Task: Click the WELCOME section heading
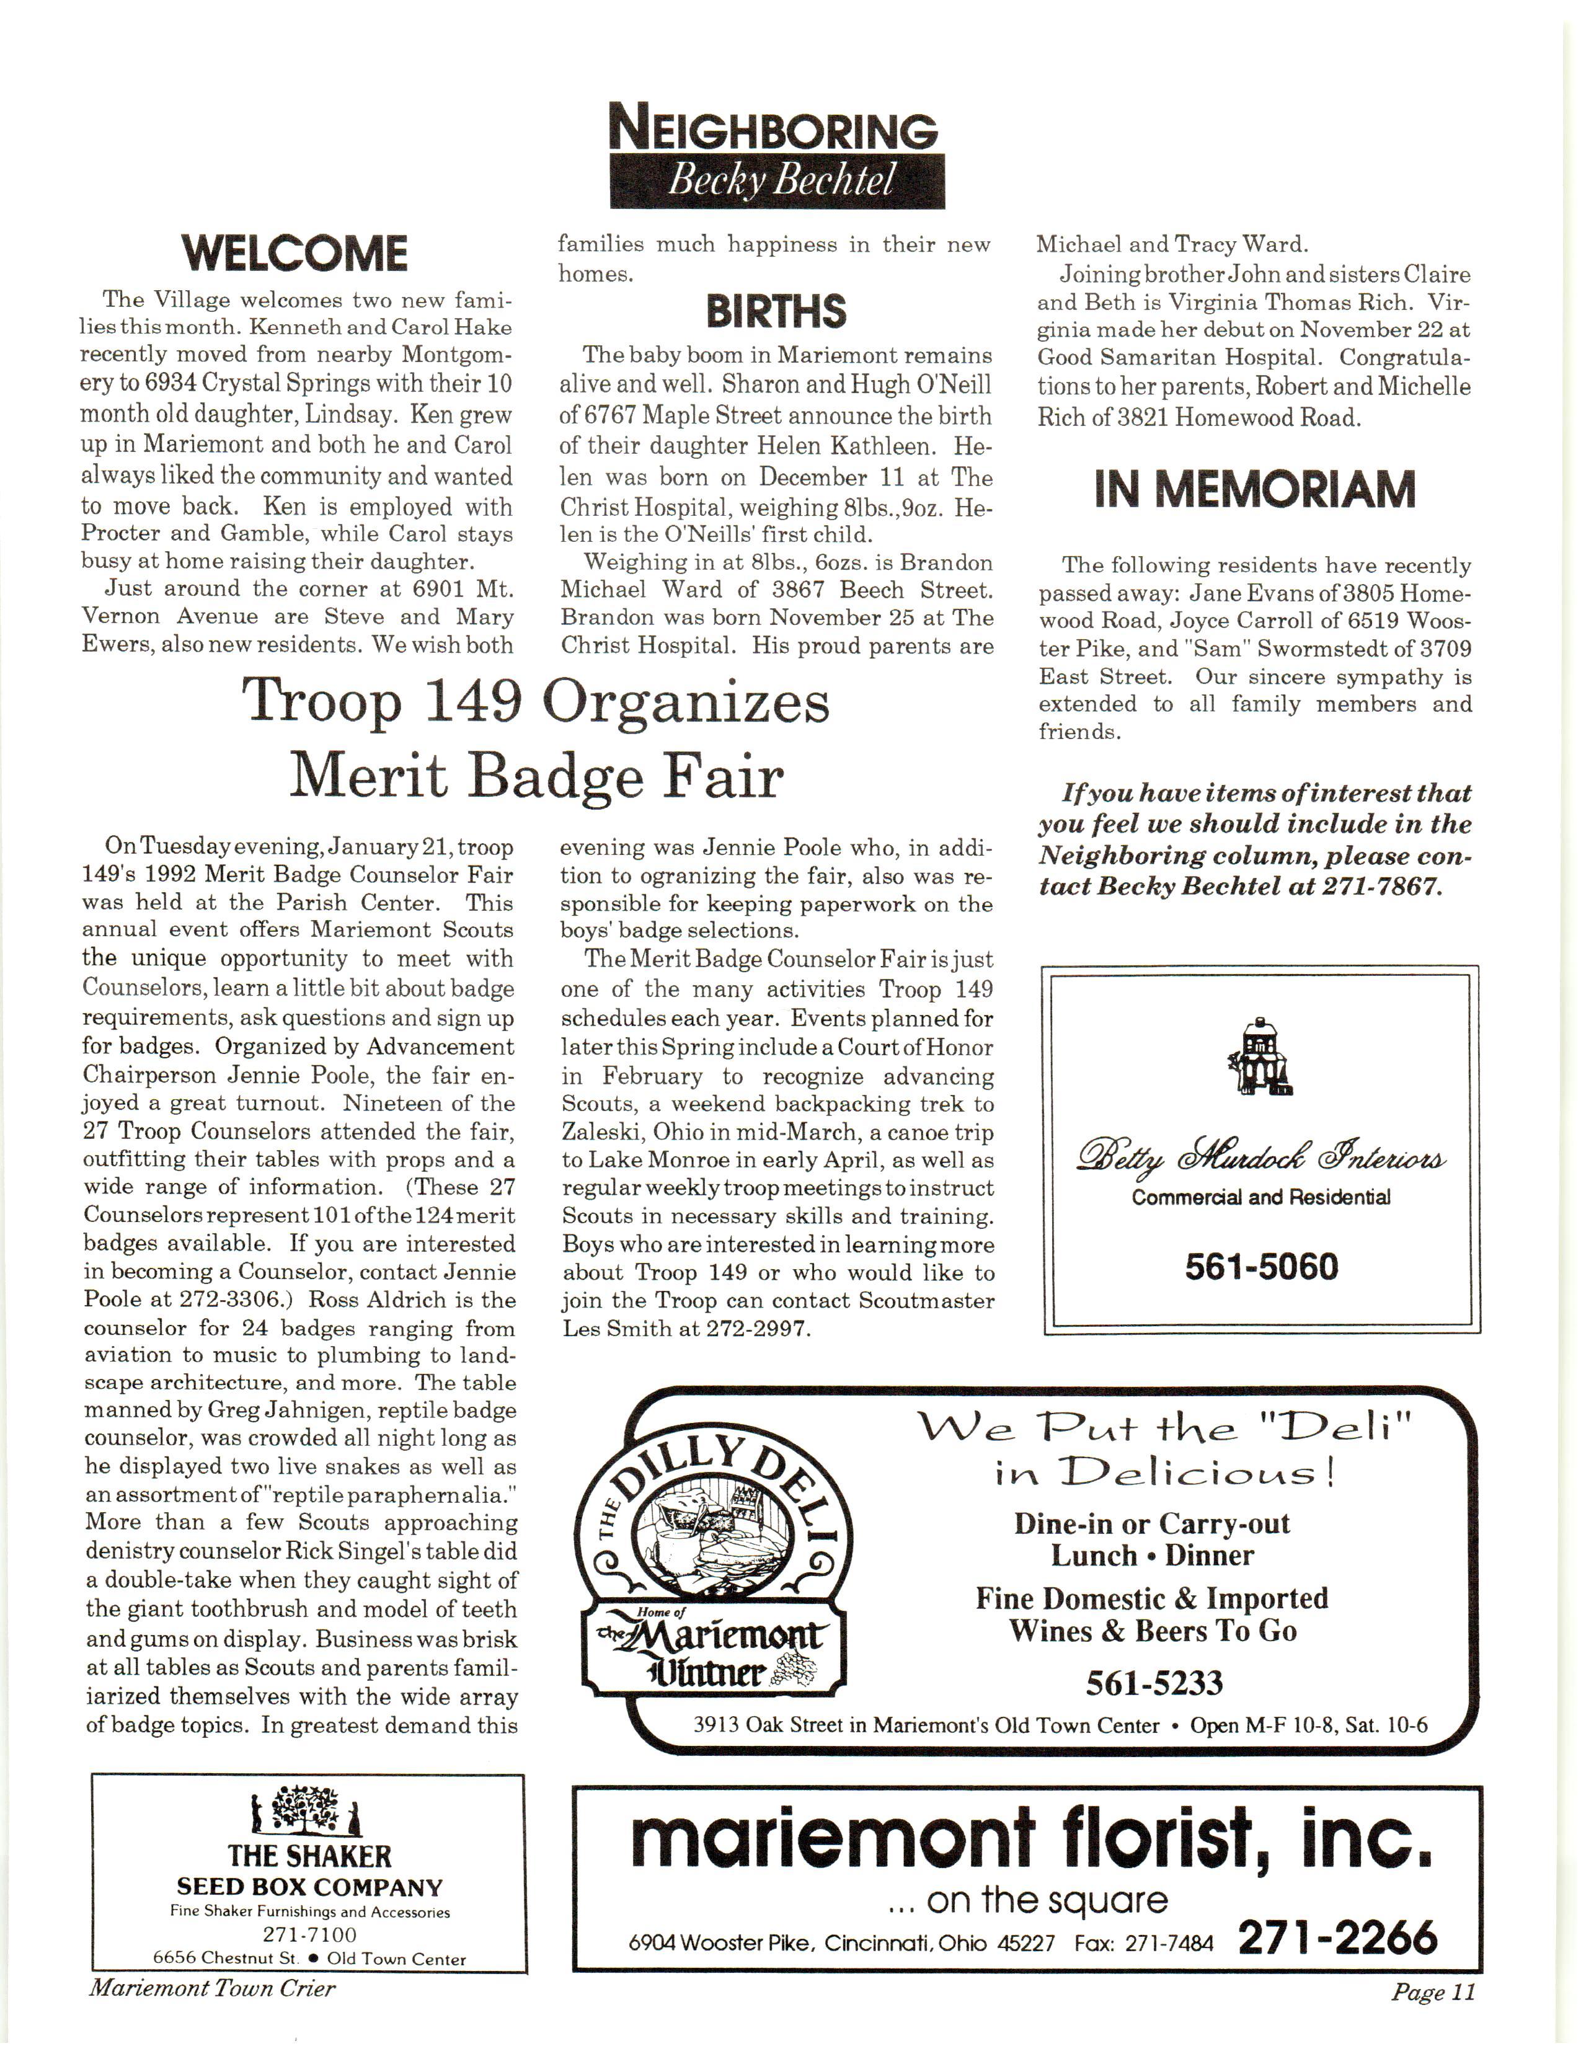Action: [x=295, y=254]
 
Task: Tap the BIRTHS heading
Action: [x=776, y=312]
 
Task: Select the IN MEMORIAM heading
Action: [x=1254, y=490]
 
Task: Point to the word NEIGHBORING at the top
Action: [x=774, y=130]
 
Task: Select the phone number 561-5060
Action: [x=1260, y=1267]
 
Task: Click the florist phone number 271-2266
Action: [x=1337, y=1938]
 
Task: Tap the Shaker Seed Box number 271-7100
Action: [x=309, y=1934]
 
